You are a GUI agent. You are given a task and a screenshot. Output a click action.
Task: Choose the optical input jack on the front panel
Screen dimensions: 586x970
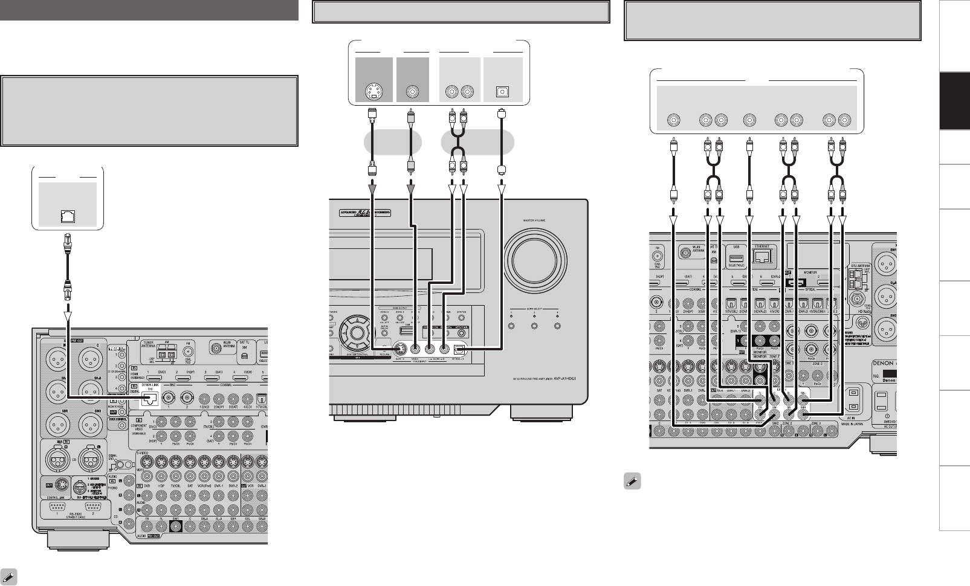(x=460, y=348)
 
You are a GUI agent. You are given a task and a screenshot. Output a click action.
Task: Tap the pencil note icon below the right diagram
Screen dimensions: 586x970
(x=632, y=484)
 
